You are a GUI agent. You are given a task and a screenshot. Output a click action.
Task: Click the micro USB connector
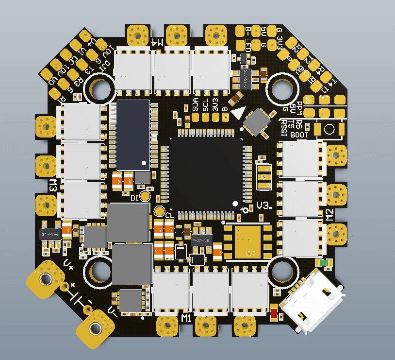(x=313, y=305)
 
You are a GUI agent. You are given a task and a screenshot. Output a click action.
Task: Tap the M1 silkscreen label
(x=185, y=318)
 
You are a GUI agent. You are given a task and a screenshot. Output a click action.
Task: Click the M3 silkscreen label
(x=53, y=185)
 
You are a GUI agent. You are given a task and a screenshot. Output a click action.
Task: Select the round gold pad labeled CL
(x=159, y=211)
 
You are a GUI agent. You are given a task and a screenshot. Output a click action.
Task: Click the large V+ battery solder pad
(x=46, y=279)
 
